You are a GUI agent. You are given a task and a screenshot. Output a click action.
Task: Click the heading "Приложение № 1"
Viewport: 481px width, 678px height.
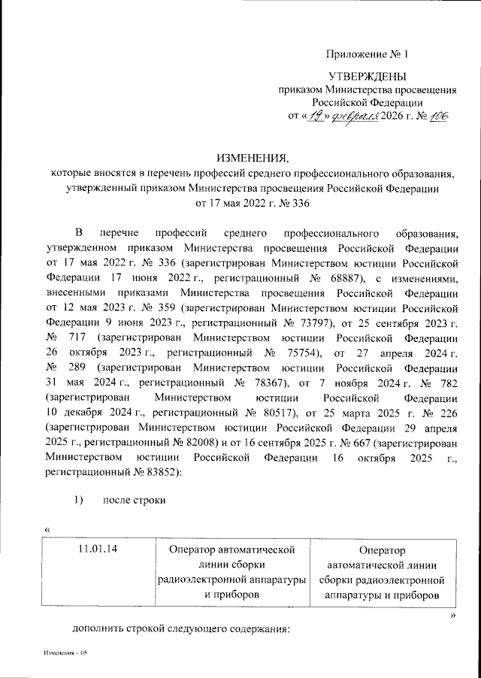(x=367, y=54)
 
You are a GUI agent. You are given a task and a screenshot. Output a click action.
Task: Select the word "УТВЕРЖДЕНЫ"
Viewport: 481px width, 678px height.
(x=367, y=76)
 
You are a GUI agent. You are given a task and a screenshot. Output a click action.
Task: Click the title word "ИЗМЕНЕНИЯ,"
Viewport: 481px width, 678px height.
(x=252, y=158)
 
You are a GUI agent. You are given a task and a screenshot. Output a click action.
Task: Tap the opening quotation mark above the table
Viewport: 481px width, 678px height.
(x=48, y=530)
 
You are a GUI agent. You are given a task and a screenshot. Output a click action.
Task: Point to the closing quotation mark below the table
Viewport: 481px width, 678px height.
(x=452, y=615)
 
